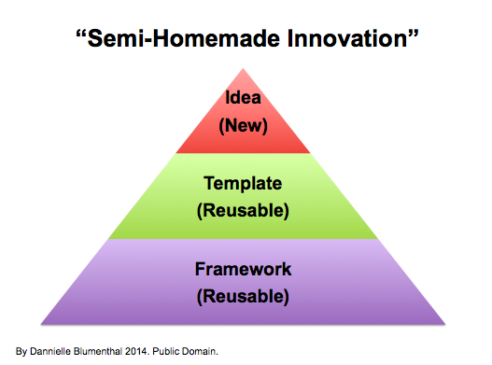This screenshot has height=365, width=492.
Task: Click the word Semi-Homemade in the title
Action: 184,38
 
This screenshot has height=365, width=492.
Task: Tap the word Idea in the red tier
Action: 243,97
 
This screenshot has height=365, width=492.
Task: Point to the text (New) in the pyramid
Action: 243,125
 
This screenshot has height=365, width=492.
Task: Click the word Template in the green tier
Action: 243,184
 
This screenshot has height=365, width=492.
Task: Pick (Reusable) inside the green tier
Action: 243,211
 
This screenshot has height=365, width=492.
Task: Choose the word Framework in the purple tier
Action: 243,269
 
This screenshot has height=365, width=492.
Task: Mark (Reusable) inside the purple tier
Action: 243,297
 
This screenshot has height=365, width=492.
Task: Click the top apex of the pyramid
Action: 243,69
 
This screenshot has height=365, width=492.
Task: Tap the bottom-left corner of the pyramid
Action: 41,324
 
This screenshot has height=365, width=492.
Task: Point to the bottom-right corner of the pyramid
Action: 445,324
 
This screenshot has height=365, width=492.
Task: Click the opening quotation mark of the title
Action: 81,34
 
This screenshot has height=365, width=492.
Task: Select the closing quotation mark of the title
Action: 414,34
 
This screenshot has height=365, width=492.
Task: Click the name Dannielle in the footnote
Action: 50,351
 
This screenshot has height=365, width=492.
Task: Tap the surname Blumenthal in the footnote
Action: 98,351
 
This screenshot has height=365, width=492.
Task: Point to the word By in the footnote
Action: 21,352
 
